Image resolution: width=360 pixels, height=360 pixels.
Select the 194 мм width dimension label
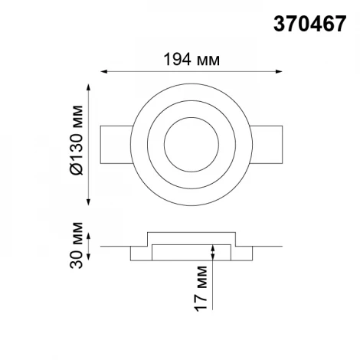pos(190,57)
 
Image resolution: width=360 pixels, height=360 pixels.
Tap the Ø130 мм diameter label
pos(77,146)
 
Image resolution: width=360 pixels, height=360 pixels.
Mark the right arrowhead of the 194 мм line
pos(281,73)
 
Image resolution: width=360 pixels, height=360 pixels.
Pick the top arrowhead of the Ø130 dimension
pos(93,94)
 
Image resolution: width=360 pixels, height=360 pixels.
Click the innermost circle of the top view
pos(191,146)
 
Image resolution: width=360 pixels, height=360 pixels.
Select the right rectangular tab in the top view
pos(265,146)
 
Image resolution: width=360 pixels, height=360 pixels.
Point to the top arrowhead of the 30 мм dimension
pos(93,234)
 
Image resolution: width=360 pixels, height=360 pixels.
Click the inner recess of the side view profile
pos(191,250)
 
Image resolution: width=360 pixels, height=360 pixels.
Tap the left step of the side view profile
pos(140,252)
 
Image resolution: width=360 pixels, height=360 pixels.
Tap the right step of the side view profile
pos(243,252)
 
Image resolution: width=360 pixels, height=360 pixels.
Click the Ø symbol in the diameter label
pos(77,169)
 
